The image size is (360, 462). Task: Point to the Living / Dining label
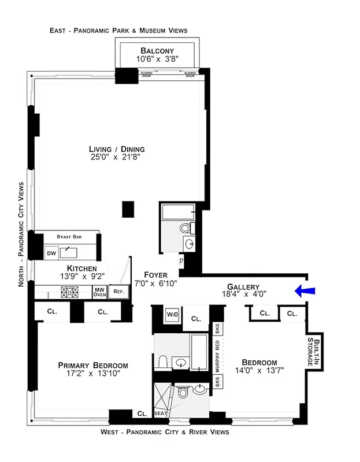[x=117, y=149]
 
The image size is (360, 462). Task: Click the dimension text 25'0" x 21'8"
[x=117, y=157]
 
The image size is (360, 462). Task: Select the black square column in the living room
[x=128, y=208]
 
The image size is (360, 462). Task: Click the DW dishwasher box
[x=51, y=253]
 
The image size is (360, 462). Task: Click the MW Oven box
[x=100, y=292]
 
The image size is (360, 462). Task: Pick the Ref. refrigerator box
[x=118, y=292]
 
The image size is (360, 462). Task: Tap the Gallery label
[x=243, y=286]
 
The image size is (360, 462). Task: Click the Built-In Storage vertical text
[x=315, y=352]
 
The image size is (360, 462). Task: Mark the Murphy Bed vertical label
[x=218, y=356]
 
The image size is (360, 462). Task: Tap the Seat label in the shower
[x=160, y=413]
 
